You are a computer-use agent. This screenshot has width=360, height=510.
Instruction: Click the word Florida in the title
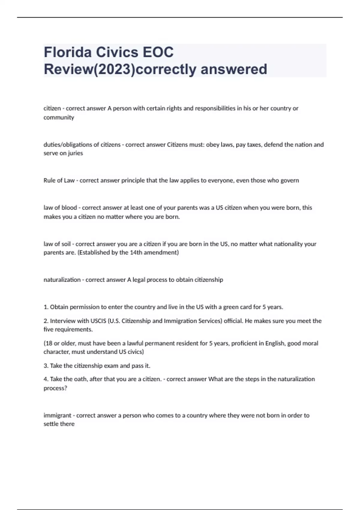[68, 52]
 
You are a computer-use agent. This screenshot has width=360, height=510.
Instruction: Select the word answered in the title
[234, 69]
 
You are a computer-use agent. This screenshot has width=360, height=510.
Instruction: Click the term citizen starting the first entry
[52, 108]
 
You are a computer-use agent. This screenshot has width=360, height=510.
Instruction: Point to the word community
[59, 117]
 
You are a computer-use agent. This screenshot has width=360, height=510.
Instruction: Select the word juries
[75, 153]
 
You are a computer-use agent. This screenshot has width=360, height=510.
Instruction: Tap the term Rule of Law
[59, 180]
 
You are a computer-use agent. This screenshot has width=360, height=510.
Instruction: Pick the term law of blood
[60, 208]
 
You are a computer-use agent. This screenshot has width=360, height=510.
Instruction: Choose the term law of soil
[57, 244]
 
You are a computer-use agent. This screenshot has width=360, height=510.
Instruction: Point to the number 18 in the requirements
[48, 343]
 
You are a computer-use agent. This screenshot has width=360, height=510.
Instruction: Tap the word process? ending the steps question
[55, 388]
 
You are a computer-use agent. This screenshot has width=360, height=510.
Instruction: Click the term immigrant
[58, 415]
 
